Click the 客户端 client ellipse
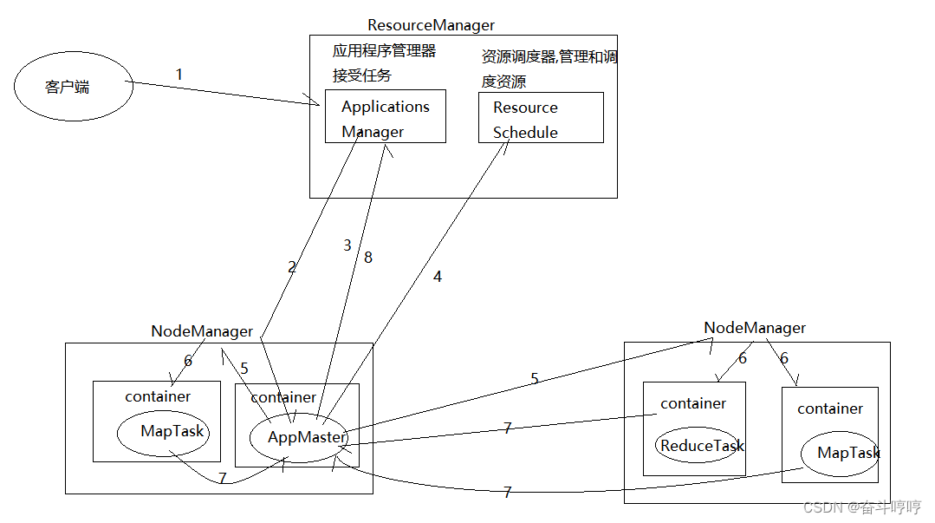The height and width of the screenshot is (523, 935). click(x=74, y=87)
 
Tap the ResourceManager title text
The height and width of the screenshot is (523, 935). click(x=431, y=26)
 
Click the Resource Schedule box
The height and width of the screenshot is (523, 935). click(x=541, y=119)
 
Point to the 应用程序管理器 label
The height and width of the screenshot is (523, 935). click(x=384, y=51)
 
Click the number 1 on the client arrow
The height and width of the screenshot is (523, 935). click(x=179, y=75)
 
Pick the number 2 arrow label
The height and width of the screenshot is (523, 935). click(x=292, y=267)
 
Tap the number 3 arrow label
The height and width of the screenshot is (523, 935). click(x=347, y=245)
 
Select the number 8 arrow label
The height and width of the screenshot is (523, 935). click(x=368, y=258)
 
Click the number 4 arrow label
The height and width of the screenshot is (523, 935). click(x=438, y=277)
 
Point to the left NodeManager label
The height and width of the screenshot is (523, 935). click(x=202, y=331)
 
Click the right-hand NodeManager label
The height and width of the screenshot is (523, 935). click(x=754, y=328)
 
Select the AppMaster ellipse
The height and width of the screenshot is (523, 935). click(x=306, y=438)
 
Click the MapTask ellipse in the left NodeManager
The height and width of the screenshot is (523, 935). click(x=172, y=431)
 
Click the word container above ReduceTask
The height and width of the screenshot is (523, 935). click(x=693, y=403)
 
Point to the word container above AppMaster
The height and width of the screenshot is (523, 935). click(x=283, y=397)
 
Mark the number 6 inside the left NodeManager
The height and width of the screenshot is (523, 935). click(x=188, y=361)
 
